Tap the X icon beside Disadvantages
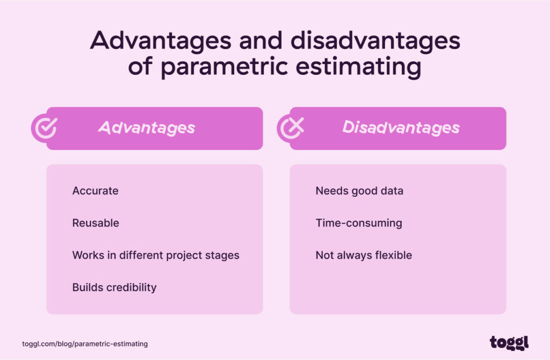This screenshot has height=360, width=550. pyautogui.click(x=291, y=128)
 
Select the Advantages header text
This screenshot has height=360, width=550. pyautogui.click(x=147, y=128)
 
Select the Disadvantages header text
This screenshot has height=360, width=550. pyautogui.click(x=401, y=128)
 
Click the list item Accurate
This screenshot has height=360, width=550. pyautogui.click(x=95, y=191)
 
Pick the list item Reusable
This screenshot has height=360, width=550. pyautogui.click(x=96, y=223)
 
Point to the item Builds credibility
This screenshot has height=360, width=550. pyautogui.click(x=114, y=287)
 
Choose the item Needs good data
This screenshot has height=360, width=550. pyautogui.click(x=359, y=191)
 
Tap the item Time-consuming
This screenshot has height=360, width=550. pyautogui.click(x=359, y=223)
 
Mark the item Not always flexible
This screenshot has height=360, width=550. pyautogui.click(x=364, y=255)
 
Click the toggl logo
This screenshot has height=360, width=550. pyautogui.click(x=509, y=342)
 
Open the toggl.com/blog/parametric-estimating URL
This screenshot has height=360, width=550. pyautogui.click(x=85, y=343)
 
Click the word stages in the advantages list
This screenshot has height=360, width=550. pyautogui.click(x=223, y=255)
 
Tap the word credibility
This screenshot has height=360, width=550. pyautogui.click(x=131, y=287)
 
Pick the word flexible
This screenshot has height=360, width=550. pyautogui.click(x=393, y=255)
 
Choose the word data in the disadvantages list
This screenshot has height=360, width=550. pyautogui.click(x=392, y=191)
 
